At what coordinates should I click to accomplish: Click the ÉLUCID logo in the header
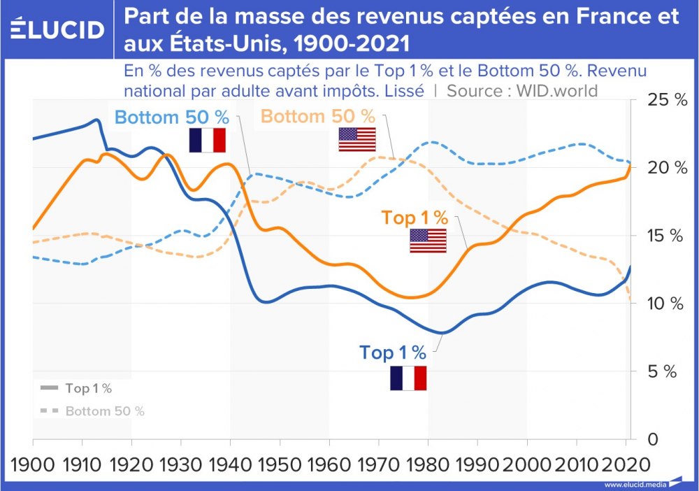[x=58, y=29]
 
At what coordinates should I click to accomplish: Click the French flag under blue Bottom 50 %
[x=208, y=141]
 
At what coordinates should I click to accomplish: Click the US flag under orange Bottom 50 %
[x=356, y=140]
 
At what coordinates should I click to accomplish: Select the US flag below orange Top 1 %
[x=428, y=241]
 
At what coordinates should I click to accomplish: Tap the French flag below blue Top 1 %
[x=408, y=378]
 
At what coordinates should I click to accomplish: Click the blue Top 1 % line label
[x=393, y=353]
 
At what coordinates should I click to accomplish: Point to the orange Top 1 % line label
[x=415, y=218]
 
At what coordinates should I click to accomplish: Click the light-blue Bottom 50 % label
[x=172, y=118]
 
